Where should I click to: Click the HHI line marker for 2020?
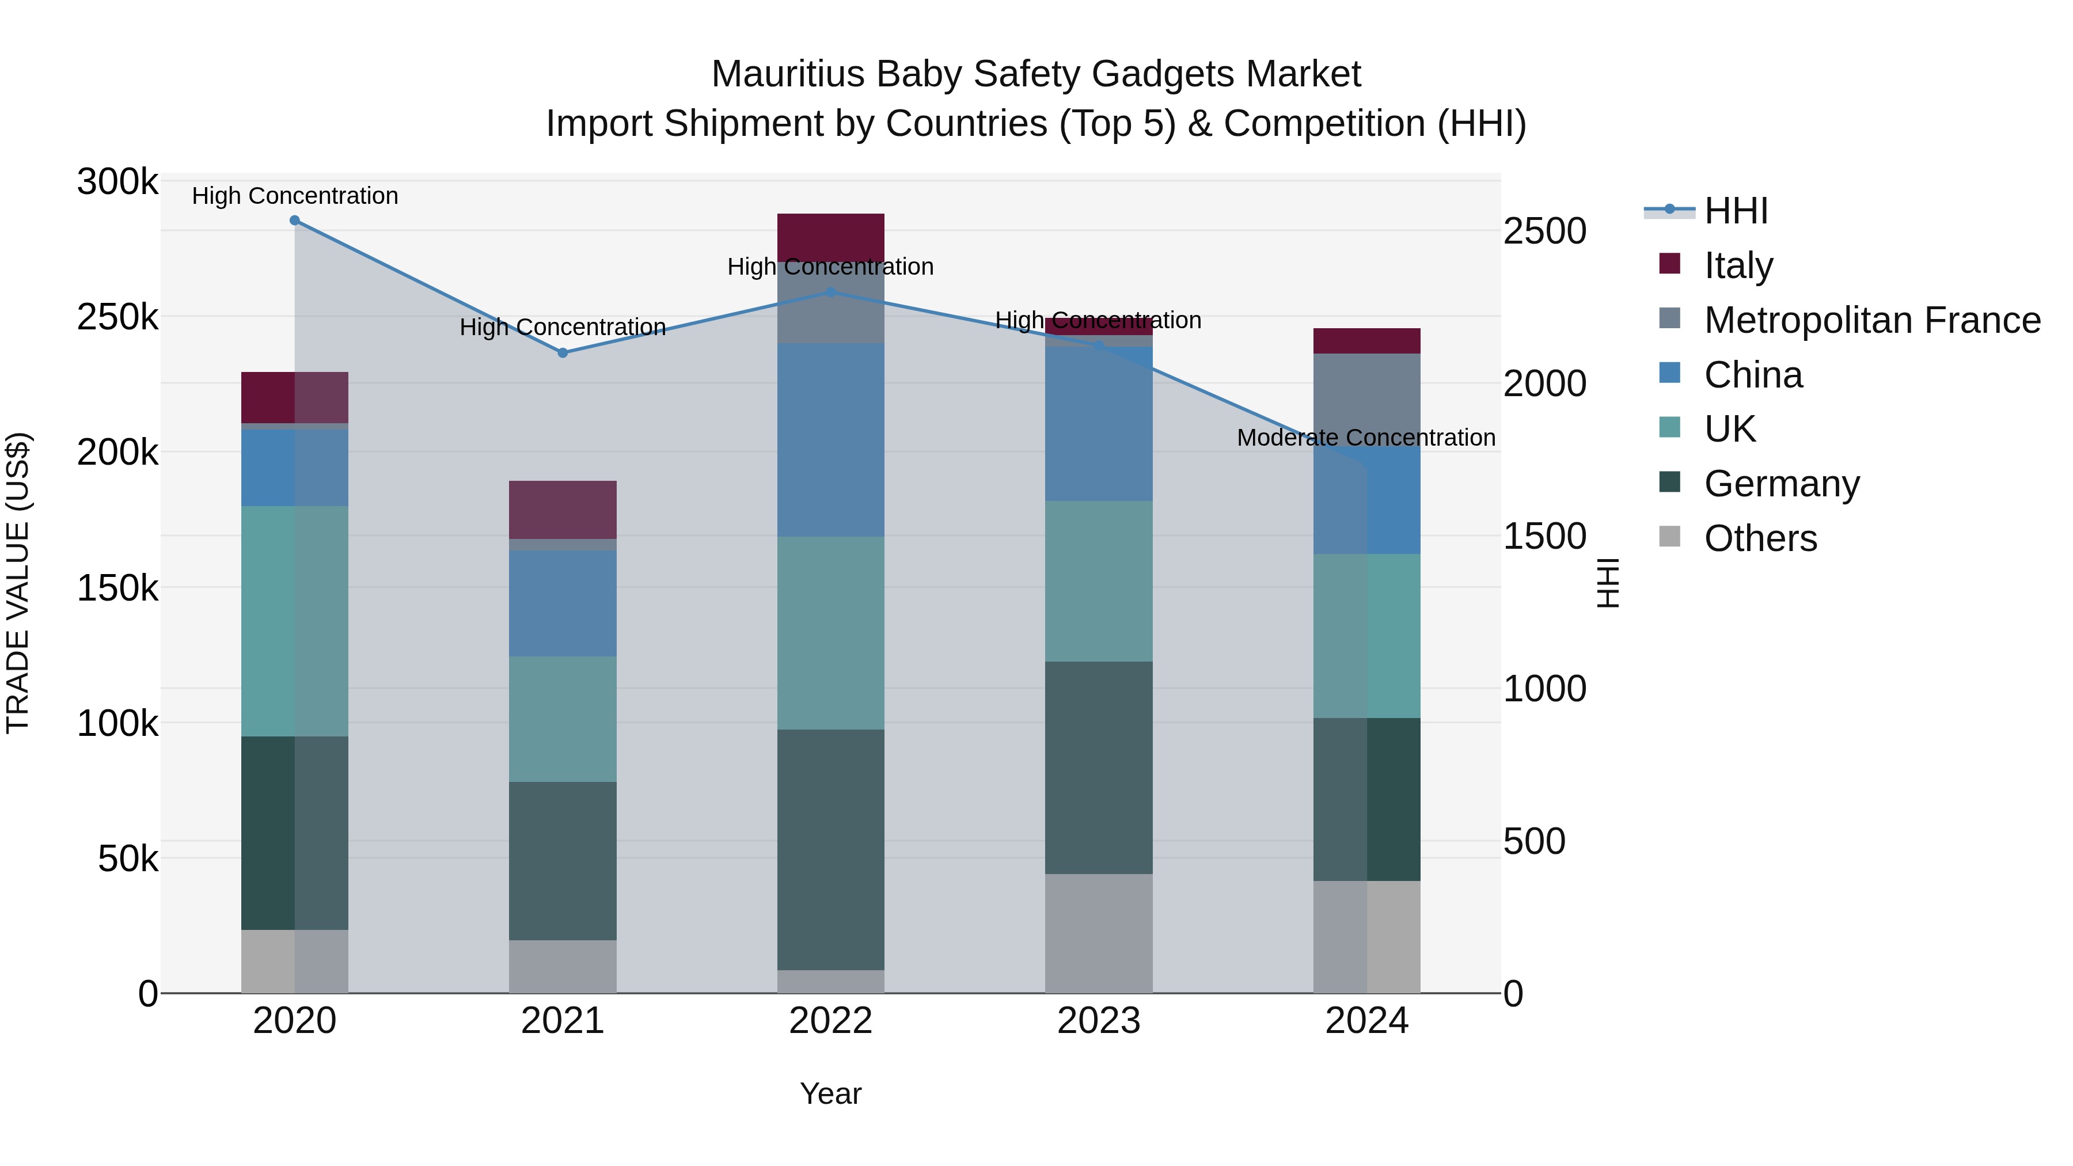[294, 221]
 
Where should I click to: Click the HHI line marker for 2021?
[563, 352]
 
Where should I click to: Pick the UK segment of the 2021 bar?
[563, 719]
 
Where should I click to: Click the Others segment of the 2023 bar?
[1099, 933]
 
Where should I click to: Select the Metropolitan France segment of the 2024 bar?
[1366, 394]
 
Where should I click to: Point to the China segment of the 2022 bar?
[830, 439]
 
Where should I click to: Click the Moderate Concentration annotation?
[1366, 438]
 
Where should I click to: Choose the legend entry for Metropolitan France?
[1872, 320]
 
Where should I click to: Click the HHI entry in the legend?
[1736, 211]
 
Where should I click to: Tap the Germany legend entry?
[1781, 484]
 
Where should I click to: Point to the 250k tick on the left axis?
[117, 317]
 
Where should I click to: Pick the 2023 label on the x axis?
[1099, 1021]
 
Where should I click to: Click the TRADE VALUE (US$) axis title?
[18, 583]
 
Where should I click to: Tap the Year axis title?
[830, 1093]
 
